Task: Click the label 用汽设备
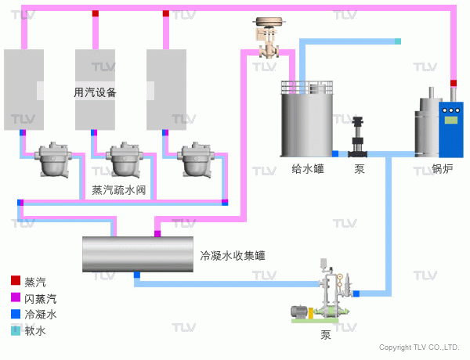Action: point(95,92)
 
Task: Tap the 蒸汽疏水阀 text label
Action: point(119,190)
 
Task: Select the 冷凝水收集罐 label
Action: point(233,255)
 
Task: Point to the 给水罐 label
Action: point(308,168)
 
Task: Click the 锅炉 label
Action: point(442,168)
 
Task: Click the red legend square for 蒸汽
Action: point(16,280)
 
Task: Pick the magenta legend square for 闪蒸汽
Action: point(16,297)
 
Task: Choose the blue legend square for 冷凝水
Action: point(16,314)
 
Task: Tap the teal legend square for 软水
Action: point(16,330)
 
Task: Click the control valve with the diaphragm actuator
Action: point(269,38)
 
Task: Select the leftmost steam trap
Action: point(53,160)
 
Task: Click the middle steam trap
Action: point(125,160)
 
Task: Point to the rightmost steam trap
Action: point(196,160)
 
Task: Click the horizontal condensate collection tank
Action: point(138,254)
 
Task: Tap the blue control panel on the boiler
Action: point(451,130)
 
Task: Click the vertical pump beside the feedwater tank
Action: point(358,137)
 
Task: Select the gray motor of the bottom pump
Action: point(299,311)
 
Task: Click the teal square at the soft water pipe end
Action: point(398,41)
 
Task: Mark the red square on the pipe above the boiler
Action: point(454,83)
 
